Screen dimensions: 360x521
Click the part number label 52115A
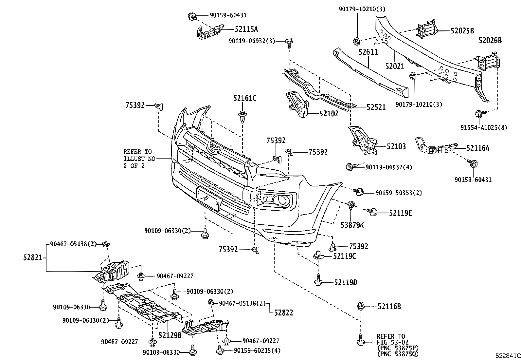click(x=246, y=29)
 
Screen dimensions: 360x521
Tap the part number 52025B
click(x=462, y=31)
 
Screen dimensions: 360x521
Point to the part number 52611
click(x=368, y=52)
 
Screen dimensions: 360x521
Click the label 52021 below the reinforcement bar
click(x=395, y=66)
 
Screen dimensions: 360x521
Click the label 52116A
click(x=477, y=148)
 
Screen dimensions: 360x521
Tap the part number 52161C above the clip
click(x=245, y=98)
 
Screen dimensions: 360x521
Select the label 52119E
click(x=400, y=213)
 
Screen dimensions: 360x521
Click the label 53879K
click(x=352, y=225)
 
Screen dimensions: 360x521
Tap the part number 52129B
click(x=170, y=335)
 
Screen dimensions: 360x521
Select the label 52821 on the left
click(x=32, y=257)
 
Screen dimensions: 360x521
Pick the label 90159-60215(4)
click(x=257, y=351)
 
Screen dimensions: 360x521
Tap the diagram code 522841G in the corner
click(x=507, y=356)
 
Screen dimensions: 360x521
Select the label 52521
click(x=376, y=107)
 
